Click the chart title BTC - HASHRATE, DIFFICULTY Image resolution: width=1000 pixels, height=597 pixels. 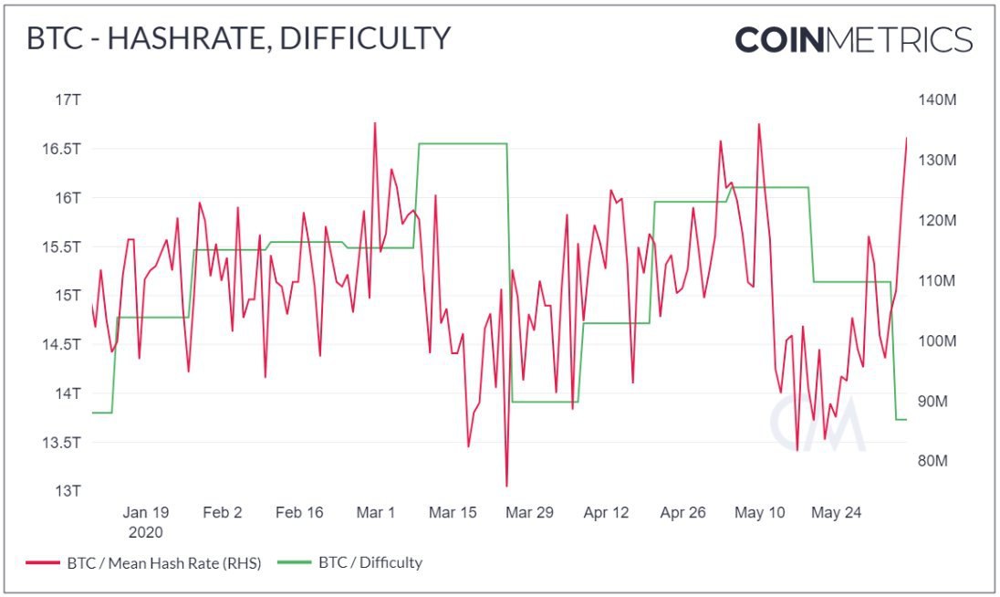coord(238,38)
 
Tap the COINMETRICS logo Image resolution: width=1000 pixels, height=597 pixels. coord(853,39)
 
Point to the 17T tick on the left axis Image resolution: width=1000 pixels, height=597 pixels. coord(68,99)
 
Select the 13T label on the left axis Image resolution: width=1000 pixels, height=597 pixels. coord(68,491)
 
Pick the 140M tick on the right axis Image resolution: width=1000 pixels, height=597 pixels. coord(935,99)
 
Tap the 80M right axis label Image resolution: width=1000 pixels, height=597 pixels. coord(932,461)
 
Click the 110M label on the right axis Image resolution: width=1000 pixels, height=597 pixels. coord(934,280)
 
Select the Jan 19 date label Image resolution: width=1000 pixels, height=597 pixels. coord(146,513)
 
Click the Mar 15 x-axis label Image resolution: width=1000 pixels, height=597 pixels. coord(453,513)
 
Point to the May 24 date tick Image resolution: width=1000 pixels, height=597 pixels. coord(836,513)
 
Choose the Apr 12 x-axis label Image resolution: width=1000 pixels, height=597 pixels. coord(606,513)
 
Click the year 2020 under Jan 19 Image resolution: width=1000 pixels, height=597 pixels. coord(146,532)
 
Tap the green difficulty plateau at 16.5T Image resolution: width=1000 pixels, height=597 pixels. coord(461,143)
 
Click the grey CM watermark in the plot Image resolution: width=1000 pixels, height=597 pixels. coord(816,424)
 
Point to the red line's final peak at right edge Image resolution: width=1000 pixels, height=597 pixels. coord(906,138)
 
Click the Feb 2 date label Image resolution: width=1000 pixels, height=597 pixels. coord(223,513)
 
